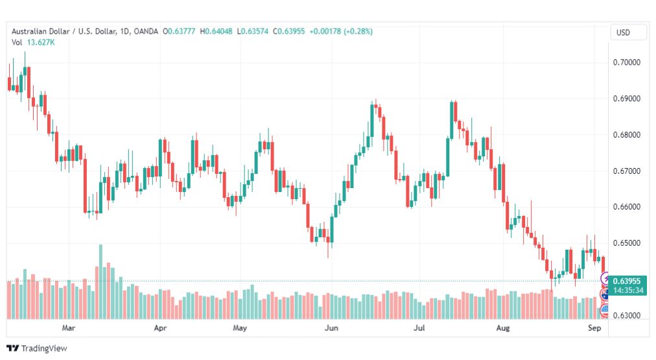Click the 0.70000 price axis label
[626, 62]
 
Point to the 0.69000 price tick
[626, 99]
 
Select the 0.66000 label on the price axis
[626, 207]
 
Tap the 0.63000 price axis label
[626, 315]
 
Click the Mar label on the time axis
[69, 328]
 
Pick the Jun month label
[331, 328]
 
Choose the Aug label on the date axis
[503, 328]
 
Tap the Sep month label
[594, 328]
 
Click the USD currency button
[623, 32]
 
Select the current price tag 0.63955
[627, 282]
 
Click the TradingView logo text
[44, 348]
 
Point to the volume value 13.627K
[41, 42]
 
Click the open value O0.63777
[179, 31]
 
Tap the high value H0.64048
[216, 31]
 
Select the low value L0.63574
[252, 31]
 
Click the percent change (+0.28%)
[358, 31]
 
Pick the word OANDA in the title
[146, 31]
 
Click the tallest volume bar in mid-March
[100, 282]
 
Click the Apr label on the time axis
[160, 328]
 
